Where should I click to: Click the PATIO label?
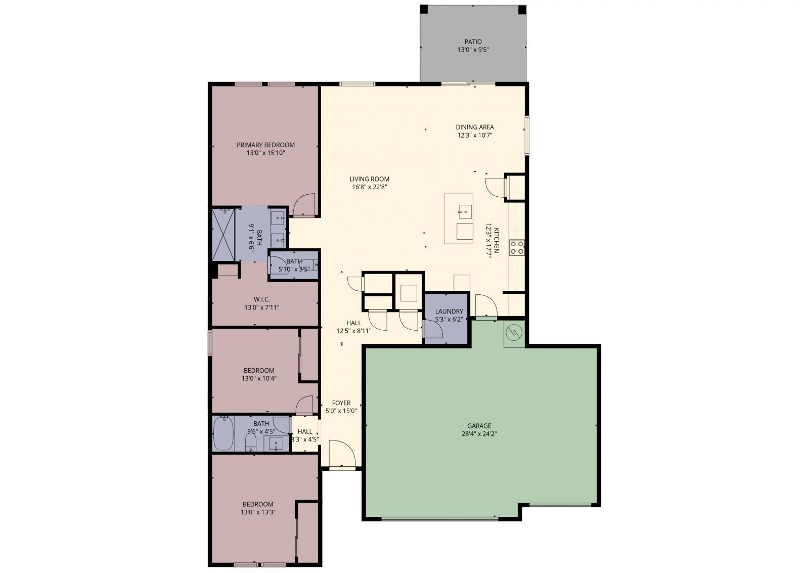(x=473, y=41)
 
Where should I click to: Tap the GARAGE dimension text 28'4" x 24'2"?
(x=479, y=433)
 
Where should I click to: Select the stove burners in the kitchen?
(x=516, y=247)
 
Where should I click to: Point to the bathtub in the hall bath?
(x=222, y=433)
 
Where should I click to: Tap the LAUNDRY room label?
(x=448, y=311)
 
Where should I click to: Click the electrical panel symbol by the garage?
(x=514, y=332)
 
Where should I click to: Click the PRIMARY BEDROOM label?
(x=265, y=145)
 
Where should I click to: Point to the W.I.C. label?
(x=261, y=299)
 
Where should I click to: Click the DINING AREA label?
(x=474, y=127)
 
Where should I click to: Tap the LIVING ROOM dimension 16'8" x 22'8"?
(x=370, y=187)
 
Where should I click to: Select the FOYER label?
(x=341, y=403)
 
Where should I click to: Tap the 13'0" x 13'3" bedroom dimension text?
(x=258, y=512)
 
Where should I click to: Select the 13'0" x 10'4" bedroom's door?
(x=305, y=404)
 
